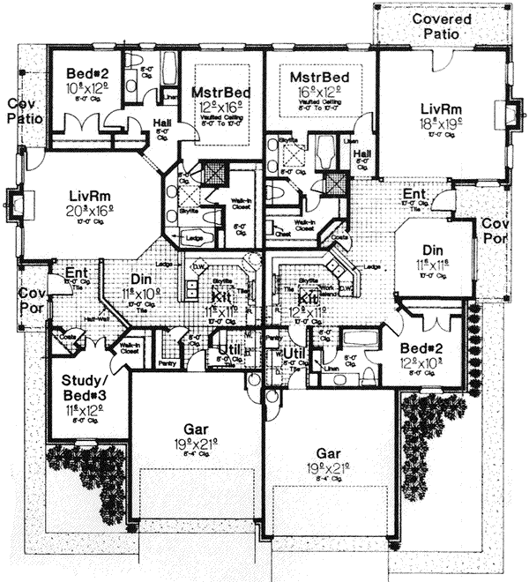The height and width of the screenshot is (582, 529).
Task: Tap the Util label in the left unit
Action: (x=227, y=353)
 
